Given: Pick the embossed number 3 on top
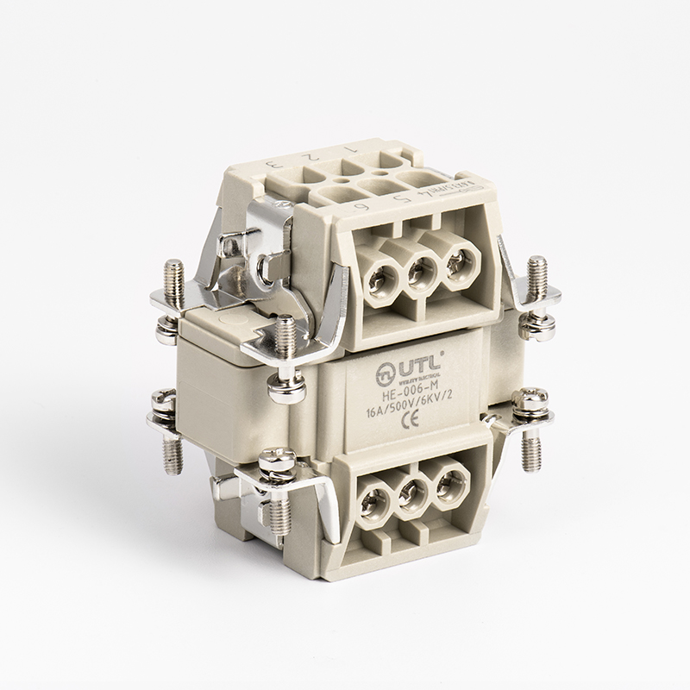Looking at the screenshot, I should (270, 164).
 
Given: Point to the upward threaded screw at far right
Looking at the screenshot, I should (537, 278).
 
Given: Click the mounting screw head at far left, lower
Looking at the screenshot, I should (160, 401).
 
